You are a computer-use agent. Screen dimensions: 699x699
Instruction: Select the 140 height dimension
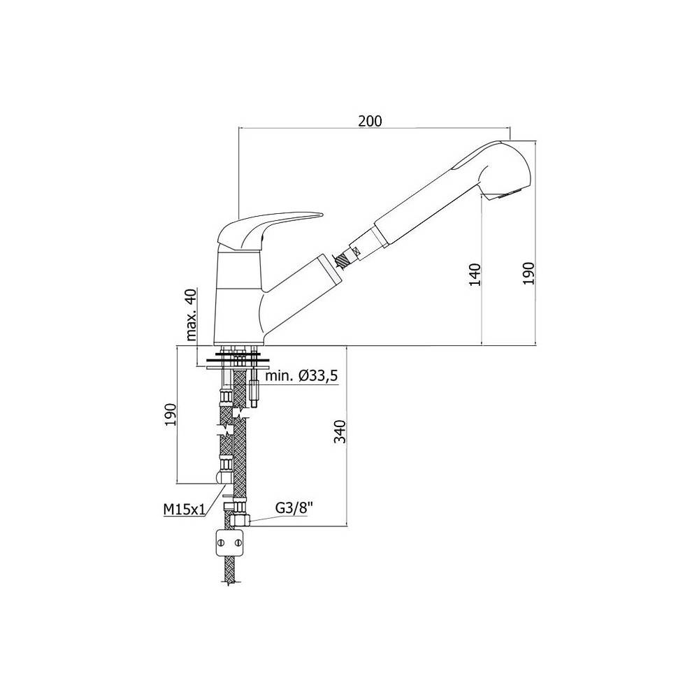point(475,275)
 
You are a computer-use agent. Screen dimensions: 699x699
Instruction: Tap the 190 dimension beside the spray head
point(528,273)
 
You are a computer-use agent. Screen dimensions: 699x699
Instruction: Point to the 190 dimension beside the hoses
point(171,415)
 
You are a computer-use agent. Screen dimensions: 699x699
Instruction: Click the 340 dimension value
point(340,431)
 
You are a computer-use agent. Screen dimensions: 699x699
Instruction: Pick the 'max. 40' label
point(191,315)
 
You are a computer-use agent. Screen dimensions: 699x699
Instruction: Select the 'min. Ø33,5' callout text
point(302,376)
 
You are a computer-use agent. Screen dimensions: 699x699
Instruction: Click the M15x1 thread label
point(184,509)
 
